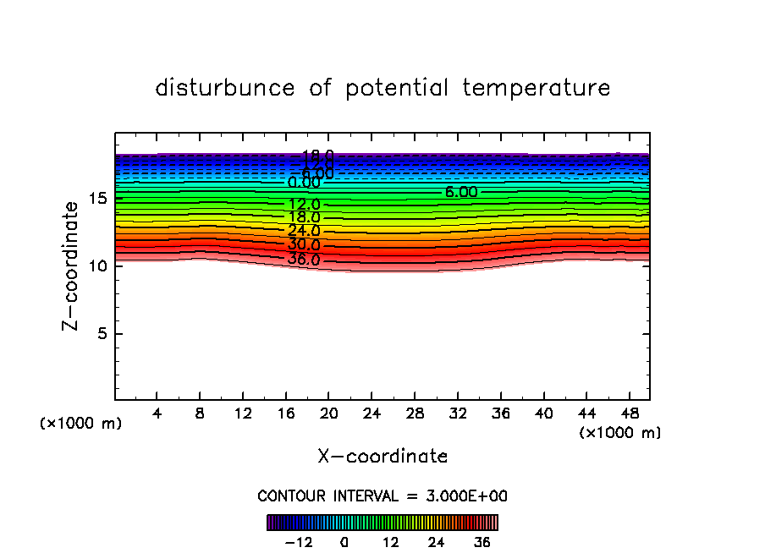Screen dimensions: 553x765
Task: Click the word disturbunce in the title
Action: [x=225, y=88]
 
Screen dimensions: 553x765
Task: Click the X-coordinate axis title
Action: [x=382, y=457]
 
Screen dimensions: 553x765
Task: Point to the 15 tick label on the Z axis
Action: [x=98, y=199]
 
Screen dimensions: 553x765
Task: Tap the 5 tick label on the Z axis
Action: [x=102, y=333]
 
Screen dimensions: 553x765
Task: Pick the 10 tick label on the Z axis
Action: [x=98, y=266]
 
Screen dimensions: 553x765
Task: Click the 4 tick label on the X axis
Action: [x=157, y=413]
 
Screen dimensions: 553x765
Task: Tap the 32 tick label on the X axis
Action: [x=457, y=413]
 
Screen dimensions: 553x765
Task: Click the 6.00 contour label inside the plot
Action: [x=461, y=193]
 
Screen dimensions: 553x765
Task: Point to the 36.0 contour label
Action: [x=304, y=260]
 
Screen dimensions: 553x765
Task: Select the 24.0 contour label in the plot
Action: [x=304, y=231]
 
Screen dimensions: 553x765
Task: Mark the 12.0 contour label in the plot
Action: [x=304, y=205]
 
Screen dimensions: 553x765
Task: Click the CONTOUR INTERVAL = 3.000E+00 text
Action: [x=382, y=496]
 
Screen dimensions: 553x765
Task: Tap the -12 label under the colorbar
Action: [x=299, y=542]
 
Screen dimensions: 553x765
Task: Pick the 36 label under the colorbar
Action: [x=482, y=542]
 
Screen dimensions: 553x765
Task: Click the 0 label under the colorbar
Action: [x=344, y=542]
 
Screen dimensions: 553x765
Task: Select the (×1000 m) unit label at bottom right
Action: [x=619, y=433]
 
